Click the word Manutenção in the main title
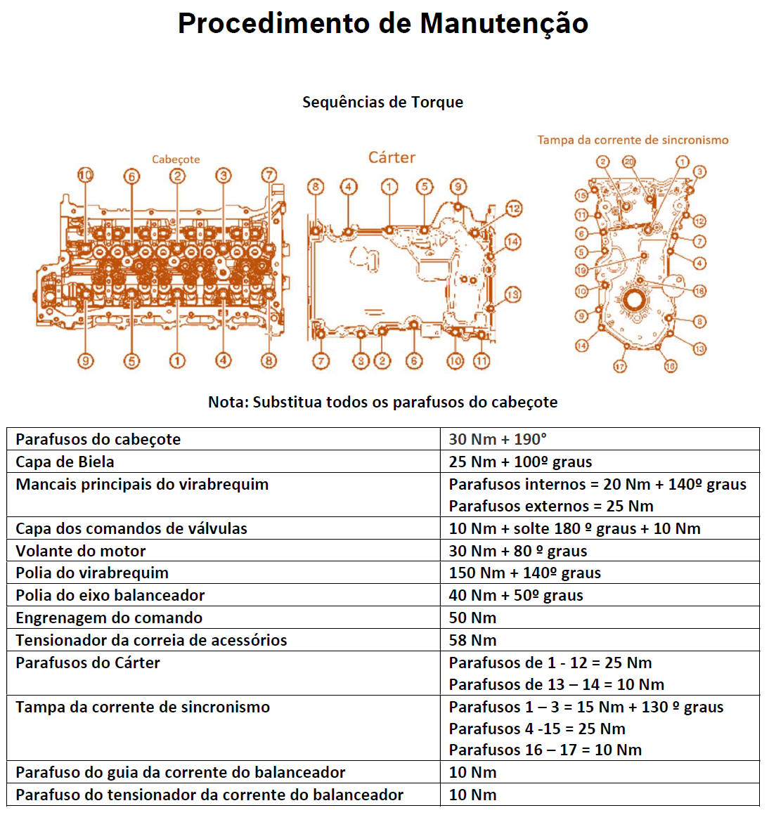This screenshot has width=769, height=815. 504,24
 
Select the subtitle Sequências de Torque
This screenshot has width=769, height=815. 382,103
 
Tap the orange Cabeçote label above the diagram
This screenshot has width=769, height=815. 176,159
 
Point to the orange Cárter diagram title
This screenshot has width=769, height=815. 392,157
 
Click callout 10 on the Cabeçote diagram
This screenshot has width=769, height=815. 85,175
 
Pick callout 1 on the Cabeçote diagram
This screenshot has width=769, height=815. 177,360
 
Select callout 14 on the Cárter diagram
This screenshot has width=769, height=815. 512,242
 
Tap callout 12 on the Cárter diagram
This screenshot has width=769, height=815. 514,208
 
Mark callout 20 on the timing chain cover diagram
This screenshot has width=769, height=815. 628,162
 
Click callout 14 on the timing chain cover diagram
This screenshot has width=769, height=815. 581,346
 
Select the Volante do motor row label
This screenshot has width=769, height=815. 81,551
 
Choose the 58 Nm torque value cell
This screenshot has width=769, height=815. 472,640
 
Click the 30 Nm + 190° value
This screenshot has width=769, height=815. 498,439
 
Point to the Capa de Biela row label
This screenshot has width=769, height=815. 65,462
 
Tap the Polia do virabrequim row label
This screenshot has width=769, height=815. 92,573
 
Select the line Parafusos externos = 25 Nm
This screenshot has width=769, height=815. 551,506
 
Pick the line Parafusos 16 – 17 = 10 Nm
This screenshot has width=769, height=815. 545,750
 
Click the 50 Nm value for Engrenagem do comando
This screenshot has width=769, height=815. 472,618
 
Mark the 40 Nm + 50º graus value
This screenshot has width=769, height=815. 516,595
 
